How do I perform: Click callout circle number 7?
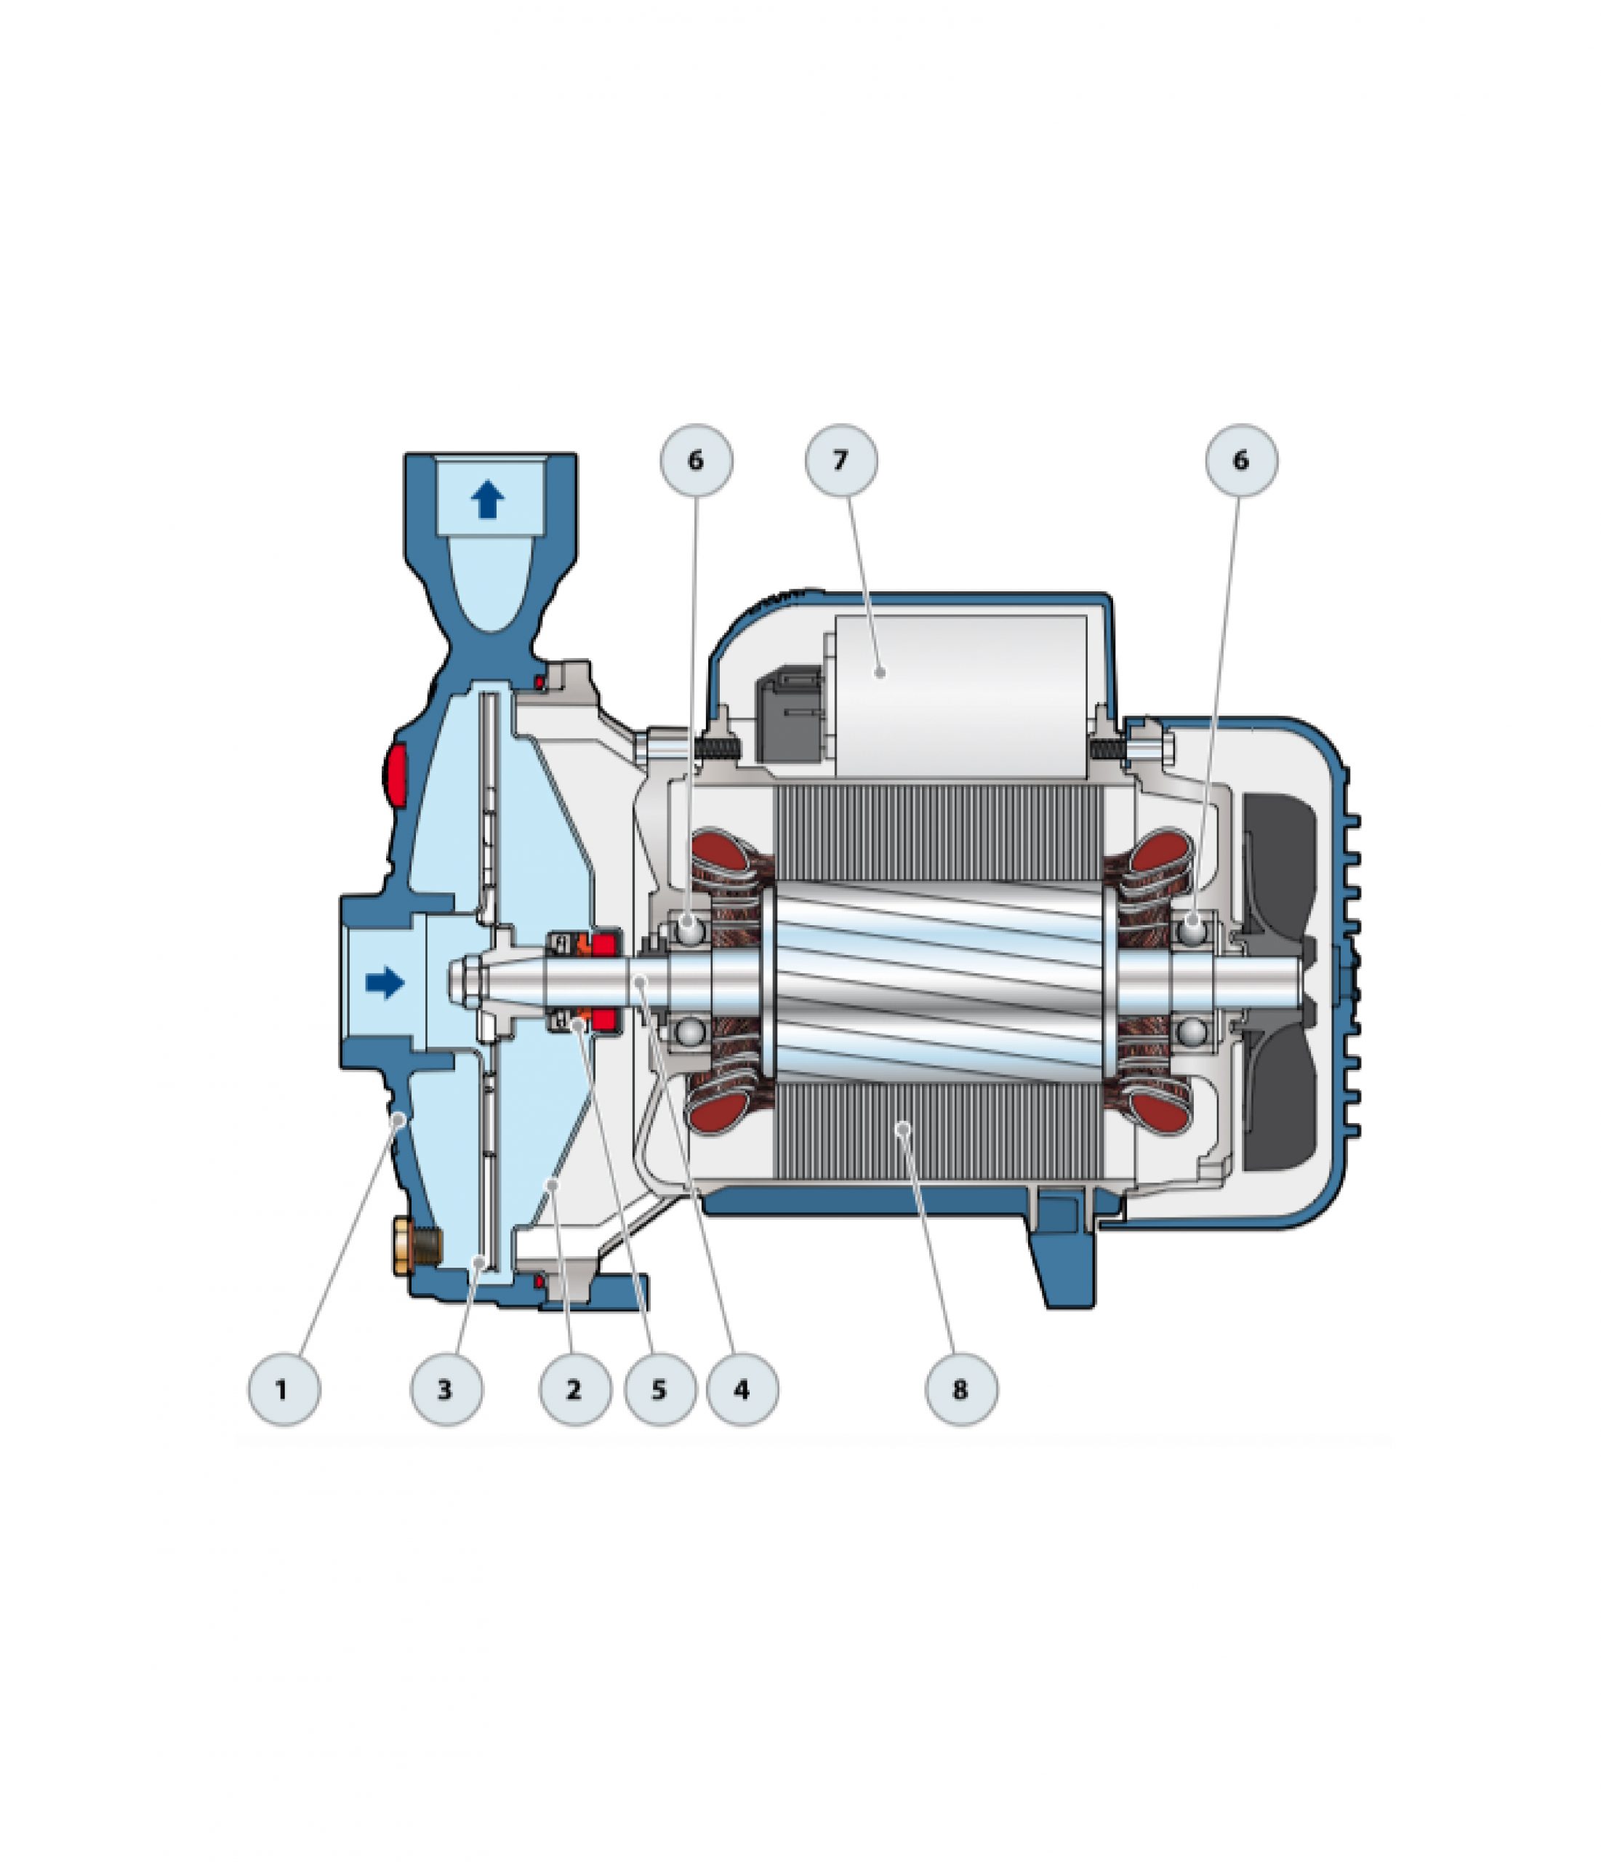tap(842, 460)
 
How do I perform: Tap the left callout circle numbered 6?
tap(697, 460)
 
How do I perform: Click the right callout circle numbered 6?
tap(1240, 460)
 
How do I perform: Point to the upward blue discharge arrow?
tap(488, 500)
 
